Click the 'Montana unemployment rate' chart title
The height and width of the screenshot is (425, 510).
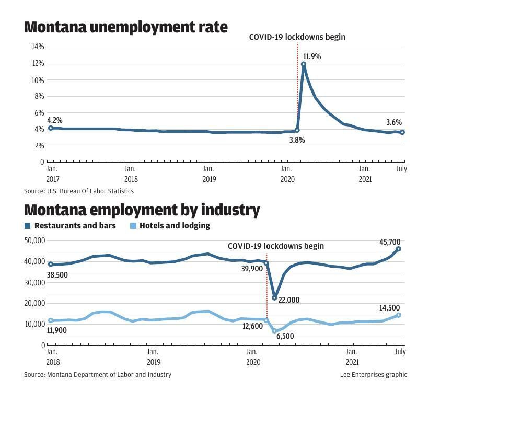(126, 27)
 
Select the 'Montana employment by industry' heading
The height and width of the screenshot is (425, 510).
(142, 210)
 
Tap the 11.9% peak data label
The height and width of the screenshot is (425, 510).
(312, 56)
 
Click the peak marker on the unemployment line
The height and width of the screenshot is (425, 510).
(303, 64)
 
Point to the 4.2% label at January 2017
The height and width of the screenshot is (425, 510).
(54, 120)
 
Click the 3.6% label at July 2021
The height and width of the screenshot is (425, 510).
(394, 122)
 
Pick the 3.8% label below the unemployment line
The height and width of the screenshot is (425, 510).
(297, 140)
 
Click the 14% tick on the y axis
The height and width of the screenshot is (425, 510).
(38, 47)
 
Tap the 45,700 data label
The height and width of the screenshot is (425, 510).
(390, 242)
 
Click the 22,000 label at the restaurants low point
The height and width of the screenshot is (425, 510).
(289, 300)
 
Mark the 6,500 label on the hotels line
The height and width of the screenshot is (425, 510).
(285, 336)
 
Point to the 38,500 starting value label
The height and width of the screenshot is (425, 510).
(57, 275)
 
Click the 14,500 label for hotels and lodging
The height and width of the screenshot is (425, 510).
(390, 308)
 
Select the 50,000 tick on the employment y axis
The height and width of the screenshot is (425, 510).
(35, 240)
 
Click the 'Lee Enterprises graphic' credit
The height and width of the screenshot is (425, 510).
(373, 374)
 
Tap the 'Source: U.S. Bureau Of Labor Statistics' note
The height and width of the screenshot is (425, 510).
(79, 191)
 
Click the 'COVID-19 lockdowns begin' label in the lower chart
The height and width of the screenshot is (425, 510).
(276, 246)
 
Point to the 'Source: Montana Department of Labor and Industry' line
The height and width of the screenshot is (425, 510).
(98, 374)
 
